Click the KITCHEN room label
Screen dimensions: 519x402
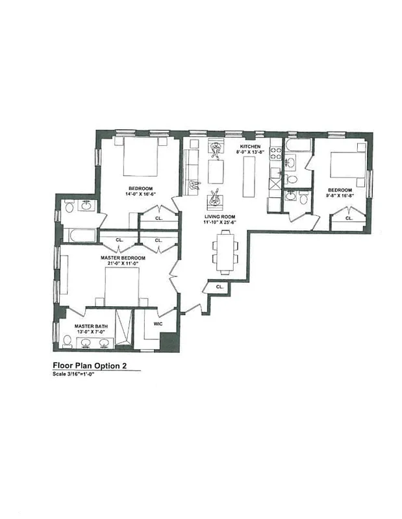(x=250, y=147)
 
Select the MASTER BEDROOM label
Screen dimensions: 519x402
(x=123, y=258)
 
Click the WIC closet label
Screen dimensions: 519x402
(x=157, y=322)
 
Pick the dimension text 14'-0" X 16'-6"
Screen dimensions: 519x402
(x=140, y=194)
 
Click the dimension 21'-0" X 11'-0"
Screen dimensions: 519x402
(x=123, y=264)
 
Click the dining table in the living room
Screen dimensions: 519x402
(x=225, y=252)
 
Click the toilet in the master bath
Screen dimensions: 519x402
(x=68, y=342)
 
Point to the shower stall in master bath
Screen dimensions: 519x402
(x=123, y=328)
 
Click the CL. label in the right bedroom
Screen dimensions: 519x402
(x=349, y=219)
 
